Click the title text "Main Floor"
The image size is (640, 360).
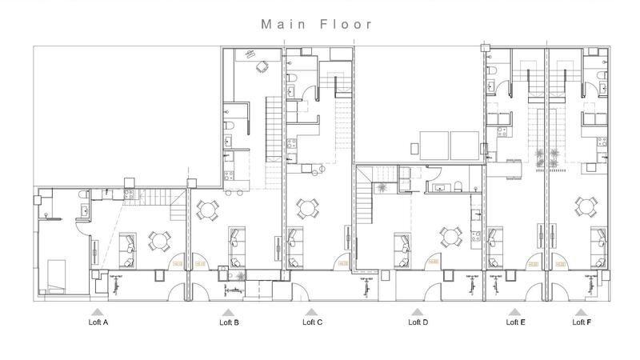point(317,24)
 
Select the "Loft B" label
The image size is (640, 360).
point(229,322)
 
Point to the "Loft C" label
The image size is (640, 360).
point(312,322)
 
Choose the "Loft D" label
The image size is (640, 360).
point(418,322)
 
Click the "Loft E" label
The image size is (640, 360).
point(516,322)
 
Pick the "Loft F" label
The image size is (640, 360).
point(582,322)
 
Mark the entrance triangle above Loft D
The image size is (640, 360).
point(417,311)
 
